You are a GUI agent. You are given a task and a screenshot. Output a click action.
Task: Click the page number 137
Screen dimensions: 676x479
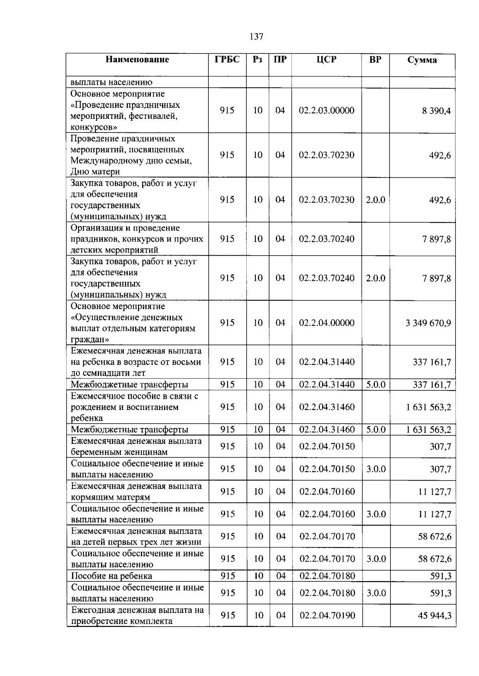click(256, 37)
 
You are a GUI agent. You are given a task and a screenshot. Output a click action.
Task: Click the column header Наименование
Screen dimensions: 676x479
click(137, 60)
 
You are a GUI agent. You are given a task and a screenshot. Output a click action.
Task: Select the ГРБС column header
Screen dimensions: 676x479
click(227, 60)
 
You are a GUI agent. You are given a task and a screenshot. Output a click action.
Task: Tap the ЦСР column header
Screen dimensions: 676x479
click(326, 60)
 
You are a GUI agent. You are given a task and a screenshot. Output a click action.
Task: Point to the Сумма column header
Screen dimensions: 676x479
click(422, 60)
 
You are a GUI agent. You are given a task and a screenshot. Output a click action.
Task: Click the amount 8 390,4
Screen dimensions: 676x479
click(436, 111)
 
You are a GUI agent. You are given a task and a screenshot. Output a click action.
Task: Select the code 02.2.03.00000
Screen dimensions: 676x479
click(327, 110)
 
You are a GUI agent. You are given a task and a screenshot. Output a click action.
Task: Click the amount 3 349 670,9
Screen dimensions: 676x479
click(428, 323)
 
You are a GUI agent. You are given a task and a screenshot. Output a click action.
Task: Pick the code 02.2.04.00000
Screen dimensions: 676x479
click(327, 323)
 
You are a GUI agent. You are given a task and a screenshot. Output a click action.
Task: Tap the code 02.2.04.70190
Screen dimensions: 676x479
click(327, 615)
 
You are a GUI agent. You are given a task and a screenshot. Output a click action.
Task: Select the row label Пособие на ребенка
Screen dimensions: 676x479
click(111, 576)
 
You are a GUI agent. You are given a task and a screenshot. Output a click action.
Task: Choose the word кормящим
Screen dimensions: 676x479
click(91, 497)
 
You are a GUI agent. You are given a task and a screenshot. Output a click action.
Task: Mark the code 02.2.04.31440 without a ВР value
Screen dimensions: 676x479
click(327, 362)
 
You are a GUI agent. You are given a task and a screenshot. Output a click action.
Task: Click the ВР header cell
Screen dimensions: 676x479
click(375, 60)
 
